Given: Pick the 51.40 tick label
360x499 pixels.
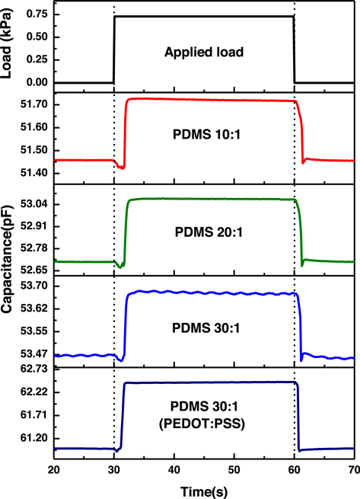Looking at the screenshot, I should [35, 174].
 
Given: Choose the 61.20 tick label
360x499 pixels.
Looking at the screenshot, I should [35, 439].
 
